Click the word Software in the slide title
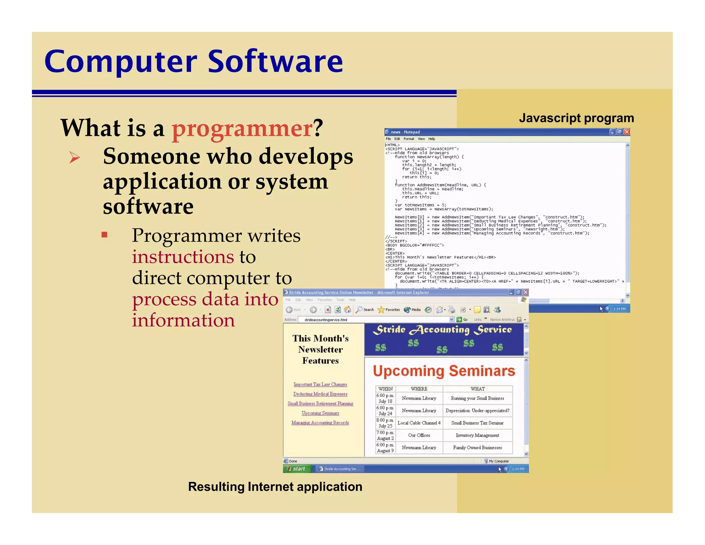(275, 62)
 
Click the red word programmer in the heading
(242, 128)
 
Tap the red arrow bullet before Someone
(74, 157)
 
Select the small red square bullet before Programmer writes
(105, 235)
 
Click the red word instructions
(183, 257)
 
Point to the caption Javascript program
(576, 118)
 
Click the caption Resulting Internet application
(275, 486)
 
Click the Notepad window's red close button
(627, 132)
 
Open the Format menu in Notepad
(409, 139)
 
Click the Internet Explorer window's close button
(525, 292)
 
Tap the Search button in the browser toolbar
(365, 310)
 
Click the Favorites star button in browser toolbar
(389, 310)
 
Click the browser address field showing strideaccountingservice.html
(375, 320)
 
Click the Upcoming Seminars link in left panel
(320, 413)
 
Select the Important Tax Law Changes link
(320, 384)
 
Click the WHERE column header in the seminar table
(419, 389)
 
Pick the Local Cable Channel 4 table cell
(419, 423)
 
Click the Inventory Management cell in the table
(477, 435)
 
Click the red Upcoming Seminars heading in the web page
(444, 371)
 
